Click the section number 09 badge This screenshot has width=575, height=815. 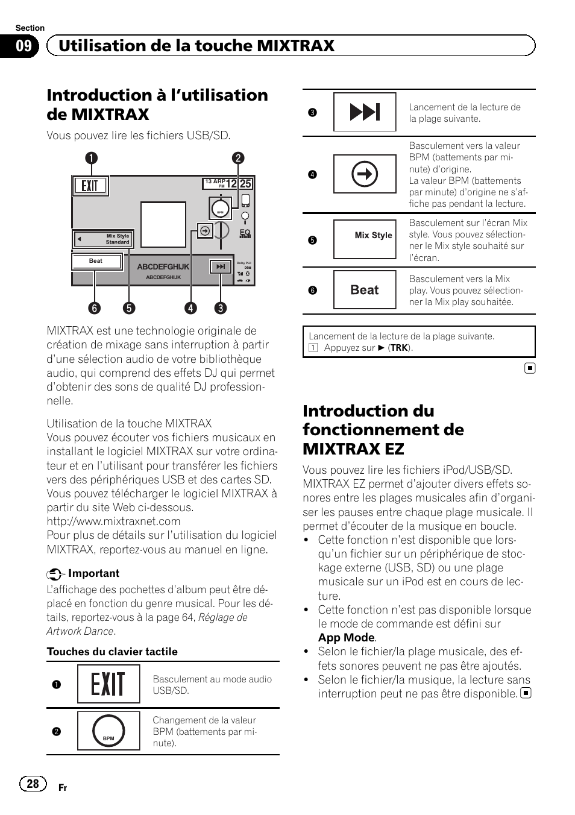click(24, 46)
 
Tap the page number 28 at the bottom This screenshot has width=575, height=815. click(33, 783)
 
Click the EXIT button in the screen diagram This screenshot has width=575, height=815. click(90, 186)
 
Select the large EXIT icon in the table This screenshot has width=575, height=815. click(108, 684)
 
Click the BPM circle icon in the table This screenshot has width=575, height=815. click(108, 731)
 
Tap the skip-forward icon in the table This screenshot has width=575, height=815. click(365, 112)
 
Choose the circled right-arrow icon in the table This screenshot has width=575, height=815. click(365, 175)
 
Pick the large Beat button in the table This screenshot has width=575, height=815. click(365, 290)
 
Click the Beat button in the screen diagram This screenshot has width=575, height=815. click(96, 261)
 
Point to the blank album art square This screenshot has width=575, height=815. click(163, 224)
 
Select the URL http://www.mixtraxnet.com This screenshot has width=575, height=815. click(113, 521)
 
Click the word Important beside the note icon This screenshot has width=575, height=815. click(93, 573)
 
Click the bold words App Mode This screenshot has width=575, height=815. click(346, 638)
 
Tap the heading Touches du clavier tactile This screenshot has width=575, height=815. click(112, 652)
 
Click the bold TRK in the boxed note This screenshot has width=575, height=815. click(399, 348)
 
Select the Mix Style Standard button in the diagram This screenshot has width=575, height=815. click(104, 239)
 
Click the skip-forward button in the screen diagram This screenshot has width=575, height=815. click(221, 266)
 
